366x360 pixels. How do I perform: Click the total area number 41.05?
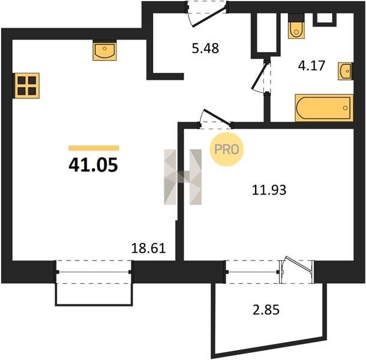click(x=93, y=165)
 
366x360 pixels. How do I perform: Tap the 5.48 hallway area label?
click(x=205, y=49)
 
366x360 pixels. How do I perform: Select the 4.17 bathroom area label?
click(x=311, y=65)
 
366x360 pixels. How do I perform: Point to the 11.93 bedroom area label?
click(x=269, y=190)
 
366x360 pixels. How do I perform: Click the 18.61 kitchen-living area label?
click(x=148, y=248)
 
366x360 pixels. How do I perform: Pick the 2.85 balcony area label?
click(x=266, y=310)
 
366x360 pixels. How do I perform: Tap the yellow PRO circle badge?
click(x=227, y=149)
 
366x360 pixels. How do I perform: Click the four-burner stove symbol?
click(x=27, y=86)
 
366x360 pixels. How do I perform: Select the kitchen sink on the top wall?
click(x=105, y=52)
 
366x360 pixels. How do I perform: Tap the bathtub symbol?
click(x=324, y=108)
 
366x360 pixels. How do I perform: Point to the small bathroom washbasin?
click(x=345, y=71)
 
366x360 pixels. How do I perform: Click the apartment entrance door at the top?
click(x=207, y=14)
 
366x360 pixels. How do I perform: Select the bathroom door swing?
click(x=261, y=77)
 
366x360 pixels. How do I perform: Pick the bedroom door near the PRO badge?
click(x=215, y=119)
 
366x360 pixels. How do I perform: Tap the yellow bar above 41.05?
click(x=94, y=148)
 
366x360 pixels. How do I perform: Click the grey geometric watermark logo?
click(x=183, y=177)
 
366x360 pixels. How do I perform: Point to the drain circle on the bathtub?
click(x=345, y=108)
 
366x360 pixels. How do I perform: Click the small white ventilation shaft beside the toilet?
click(x=325, y=18)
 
